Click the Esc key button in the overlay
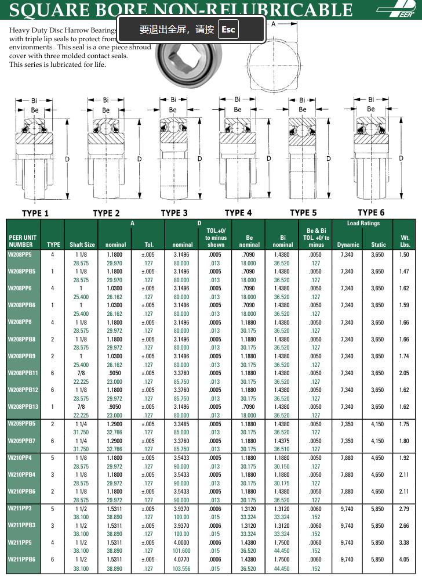228,29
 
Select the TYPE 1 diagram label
35,213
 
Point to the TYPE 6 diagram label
371,213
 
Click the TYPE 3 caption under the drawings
174,213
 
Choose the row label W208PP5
20,254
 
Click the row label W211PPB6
22,559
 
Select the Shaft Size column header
82,245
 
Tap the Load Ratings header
363,224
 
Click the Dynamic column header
348,245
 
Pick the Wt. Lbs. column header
404,241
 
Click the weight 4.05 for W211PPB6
404,559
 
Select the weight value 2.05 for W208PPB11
404,373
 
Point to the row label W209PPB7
22,441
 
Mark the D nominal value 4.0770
183,559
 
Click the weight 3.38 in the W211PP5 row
404,542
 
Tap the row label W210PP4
20,458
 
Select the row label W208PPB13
23,407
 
